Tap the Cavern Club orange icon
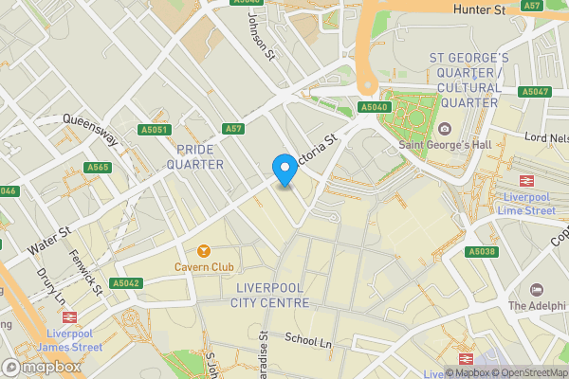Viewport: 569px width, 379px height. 203,251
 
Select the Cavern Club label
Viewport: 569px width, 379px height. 203,267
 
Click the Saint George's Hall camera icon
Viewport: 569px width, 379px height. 445,129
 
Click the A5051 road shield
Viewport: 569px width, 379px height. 153,130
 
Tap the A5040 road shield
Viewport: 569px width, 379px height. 373,108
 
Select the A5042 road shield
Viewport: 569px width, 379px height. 125,282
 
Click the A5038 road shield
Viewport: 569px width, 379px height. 481,252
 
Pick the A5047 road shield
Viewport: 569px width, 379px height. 534,92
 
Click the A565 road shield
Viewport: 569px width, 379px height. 97,168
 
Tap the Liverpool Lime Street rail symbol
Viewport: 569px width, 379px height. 523,180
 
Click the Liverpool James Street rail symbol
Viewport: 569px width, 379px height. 73,318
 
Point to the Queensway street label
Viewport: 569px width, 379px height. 90,129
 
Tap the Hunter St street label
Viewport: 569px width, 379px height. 480,9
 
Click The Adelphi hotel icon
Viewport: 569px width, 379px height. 537,289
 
